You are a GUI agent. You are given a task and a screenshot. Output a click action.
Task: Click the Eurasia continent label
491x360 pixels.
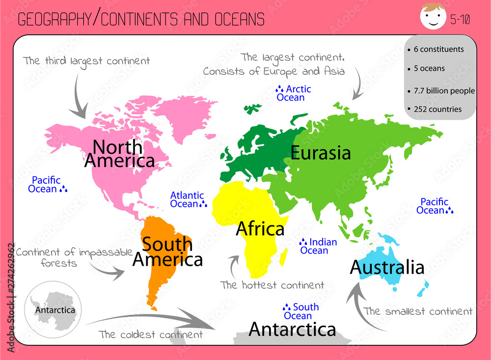point(321,153)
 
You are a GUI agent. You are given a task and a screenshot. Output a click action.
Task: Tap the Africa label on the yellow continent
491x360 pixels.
point(260,229)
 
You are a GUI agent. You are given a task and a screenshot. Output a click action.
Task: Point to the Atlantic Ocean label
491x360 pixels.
point(188,199)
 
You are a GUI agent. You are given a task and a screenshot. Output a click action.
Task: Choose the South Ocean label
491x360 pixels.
point(301,311)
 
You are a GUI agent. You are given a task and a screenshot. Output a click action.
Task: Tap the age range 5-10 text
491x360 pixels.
point(460,20)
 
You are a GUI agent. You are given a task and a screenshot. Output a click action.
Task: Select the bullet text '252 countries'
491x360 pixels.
point(437,109)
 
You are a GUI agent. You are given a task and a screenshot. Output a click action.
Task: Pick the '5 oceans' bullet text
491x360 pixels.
point(429,68)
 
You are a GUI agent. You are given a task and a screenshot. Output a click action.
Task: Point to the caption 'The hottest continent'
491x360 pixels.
point(272,285)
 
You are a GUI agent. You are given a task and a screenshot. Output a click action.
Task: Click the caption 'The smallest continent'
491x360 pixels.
point(418,311)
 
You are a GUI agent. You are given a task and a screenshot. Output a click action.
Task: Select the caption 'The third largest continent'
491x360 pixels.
point(86,61)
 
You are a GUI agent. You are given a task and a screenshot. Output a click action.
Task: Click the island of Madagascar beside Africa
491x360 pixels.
point(283,255)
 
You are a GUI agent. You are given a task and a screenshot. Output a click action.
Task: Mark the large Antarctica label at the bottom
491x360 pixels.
point(292,330)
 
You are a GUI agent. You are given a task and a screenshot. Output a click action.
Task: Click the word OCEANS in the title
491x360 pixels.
point(239,19)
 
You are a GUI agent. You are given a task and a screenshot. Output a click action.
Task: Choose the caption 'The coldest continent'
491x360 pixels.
point(150,334)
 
